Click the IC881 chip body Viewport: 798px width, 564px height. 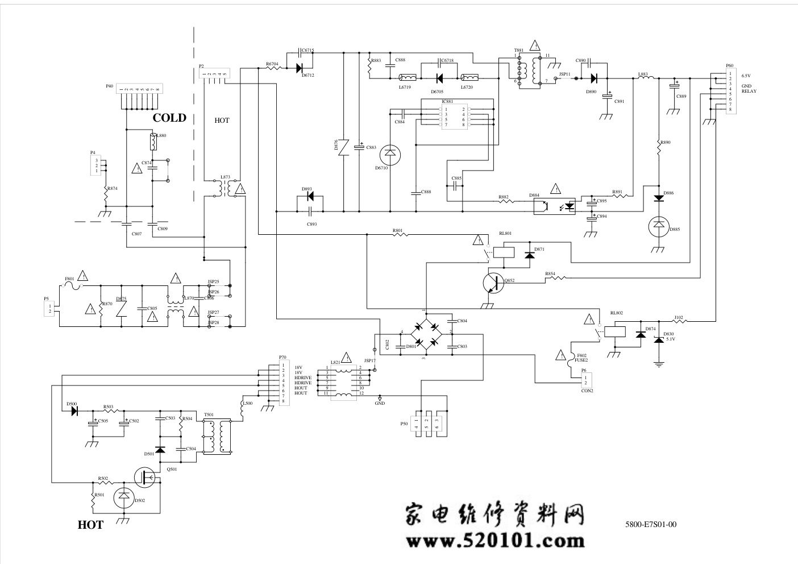455,117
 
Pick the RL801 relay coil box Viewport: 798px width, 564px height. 504,252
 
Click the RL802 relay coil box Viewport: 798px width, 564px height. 614,331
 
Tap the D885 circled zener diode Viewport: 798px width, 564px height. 659,227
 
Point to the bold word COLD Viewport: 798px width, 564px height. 169,118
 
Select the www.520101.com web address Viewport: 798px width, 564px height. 494,540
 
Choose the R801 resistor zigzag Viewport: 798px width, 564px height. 398,234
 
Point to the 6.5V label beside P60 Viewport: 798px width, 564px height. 746,76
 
